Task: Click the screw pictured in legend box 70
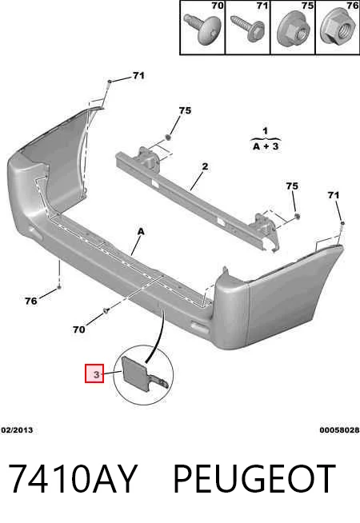(x=202, y=30)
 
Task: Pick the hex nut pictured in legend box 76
(x=338, y=28)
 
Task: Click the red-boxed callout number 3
(x=94, y=373)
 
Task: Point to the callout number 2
(x=205, y=166)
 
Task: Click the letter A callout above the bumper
(x=141, y=231)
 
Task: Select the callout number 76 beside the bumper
(x=31, y=301)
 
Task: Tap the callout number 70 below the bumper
(x=79, y=329)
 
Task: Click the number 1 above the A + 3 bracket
(x=265, y=131)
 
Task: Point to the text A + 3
(x=266, y=146)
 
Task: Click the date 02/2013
(x=17, y=430)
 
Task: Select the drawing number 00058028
(x=339, y=430)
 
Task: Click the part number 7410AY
(x=73, y=478)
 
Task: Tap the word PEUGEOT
(x=254, y=478)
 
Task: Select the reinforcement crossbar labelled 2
(x=197, y=198)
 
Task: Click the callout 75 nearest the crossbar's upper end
(x=185, y=110)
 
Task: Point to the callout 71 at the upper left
(x=138, y=76)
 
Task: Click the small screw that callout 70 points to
(x=106, y=311)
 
